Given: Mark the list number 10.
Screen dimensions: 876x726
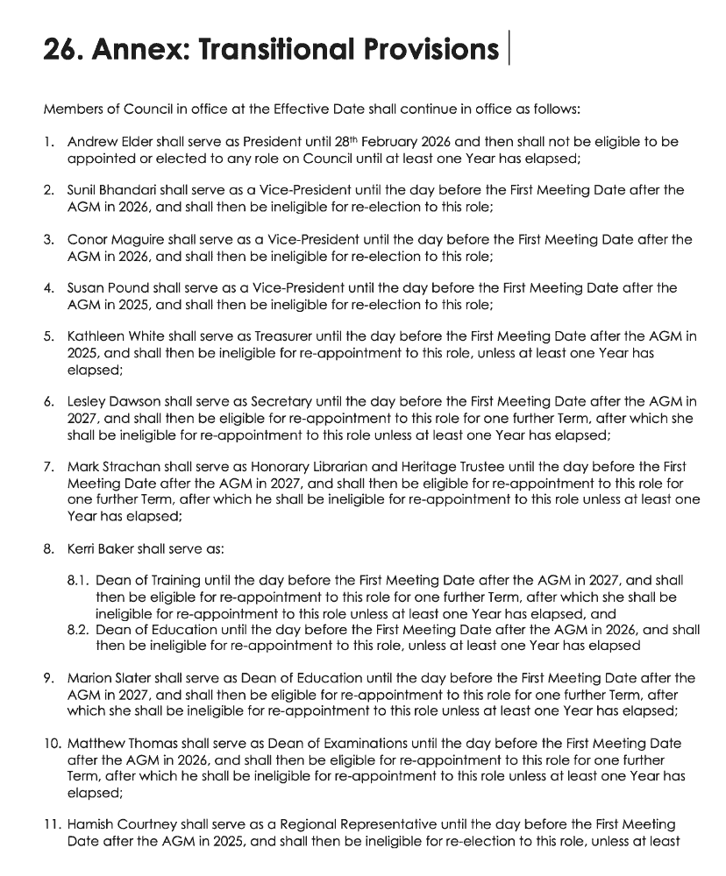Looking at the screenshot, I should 51,744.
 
